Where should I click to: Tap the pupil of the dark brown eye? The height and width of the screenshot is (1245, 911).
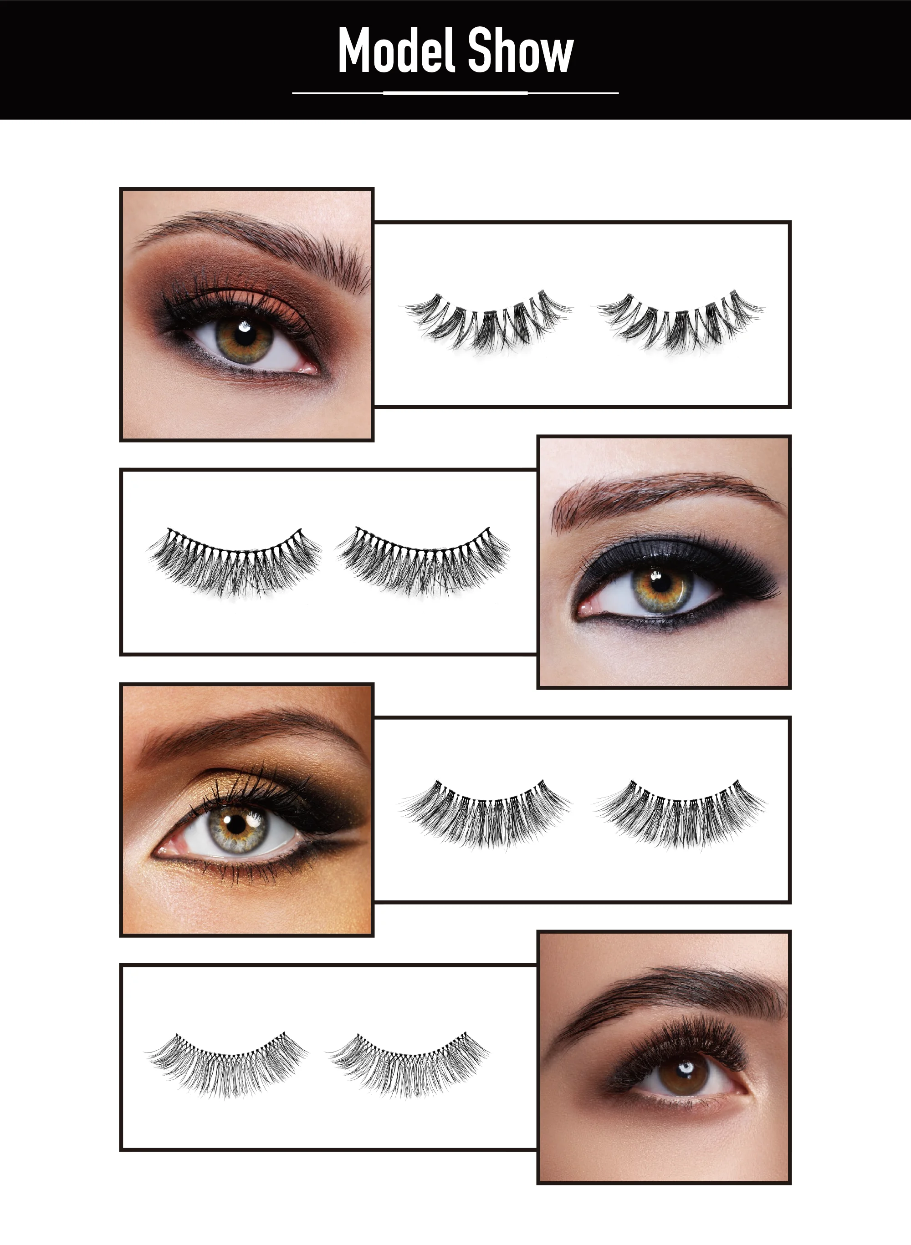[685, 1072]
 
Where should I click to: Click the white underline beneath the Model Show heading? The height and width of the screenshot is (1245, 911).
[455, 93]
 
